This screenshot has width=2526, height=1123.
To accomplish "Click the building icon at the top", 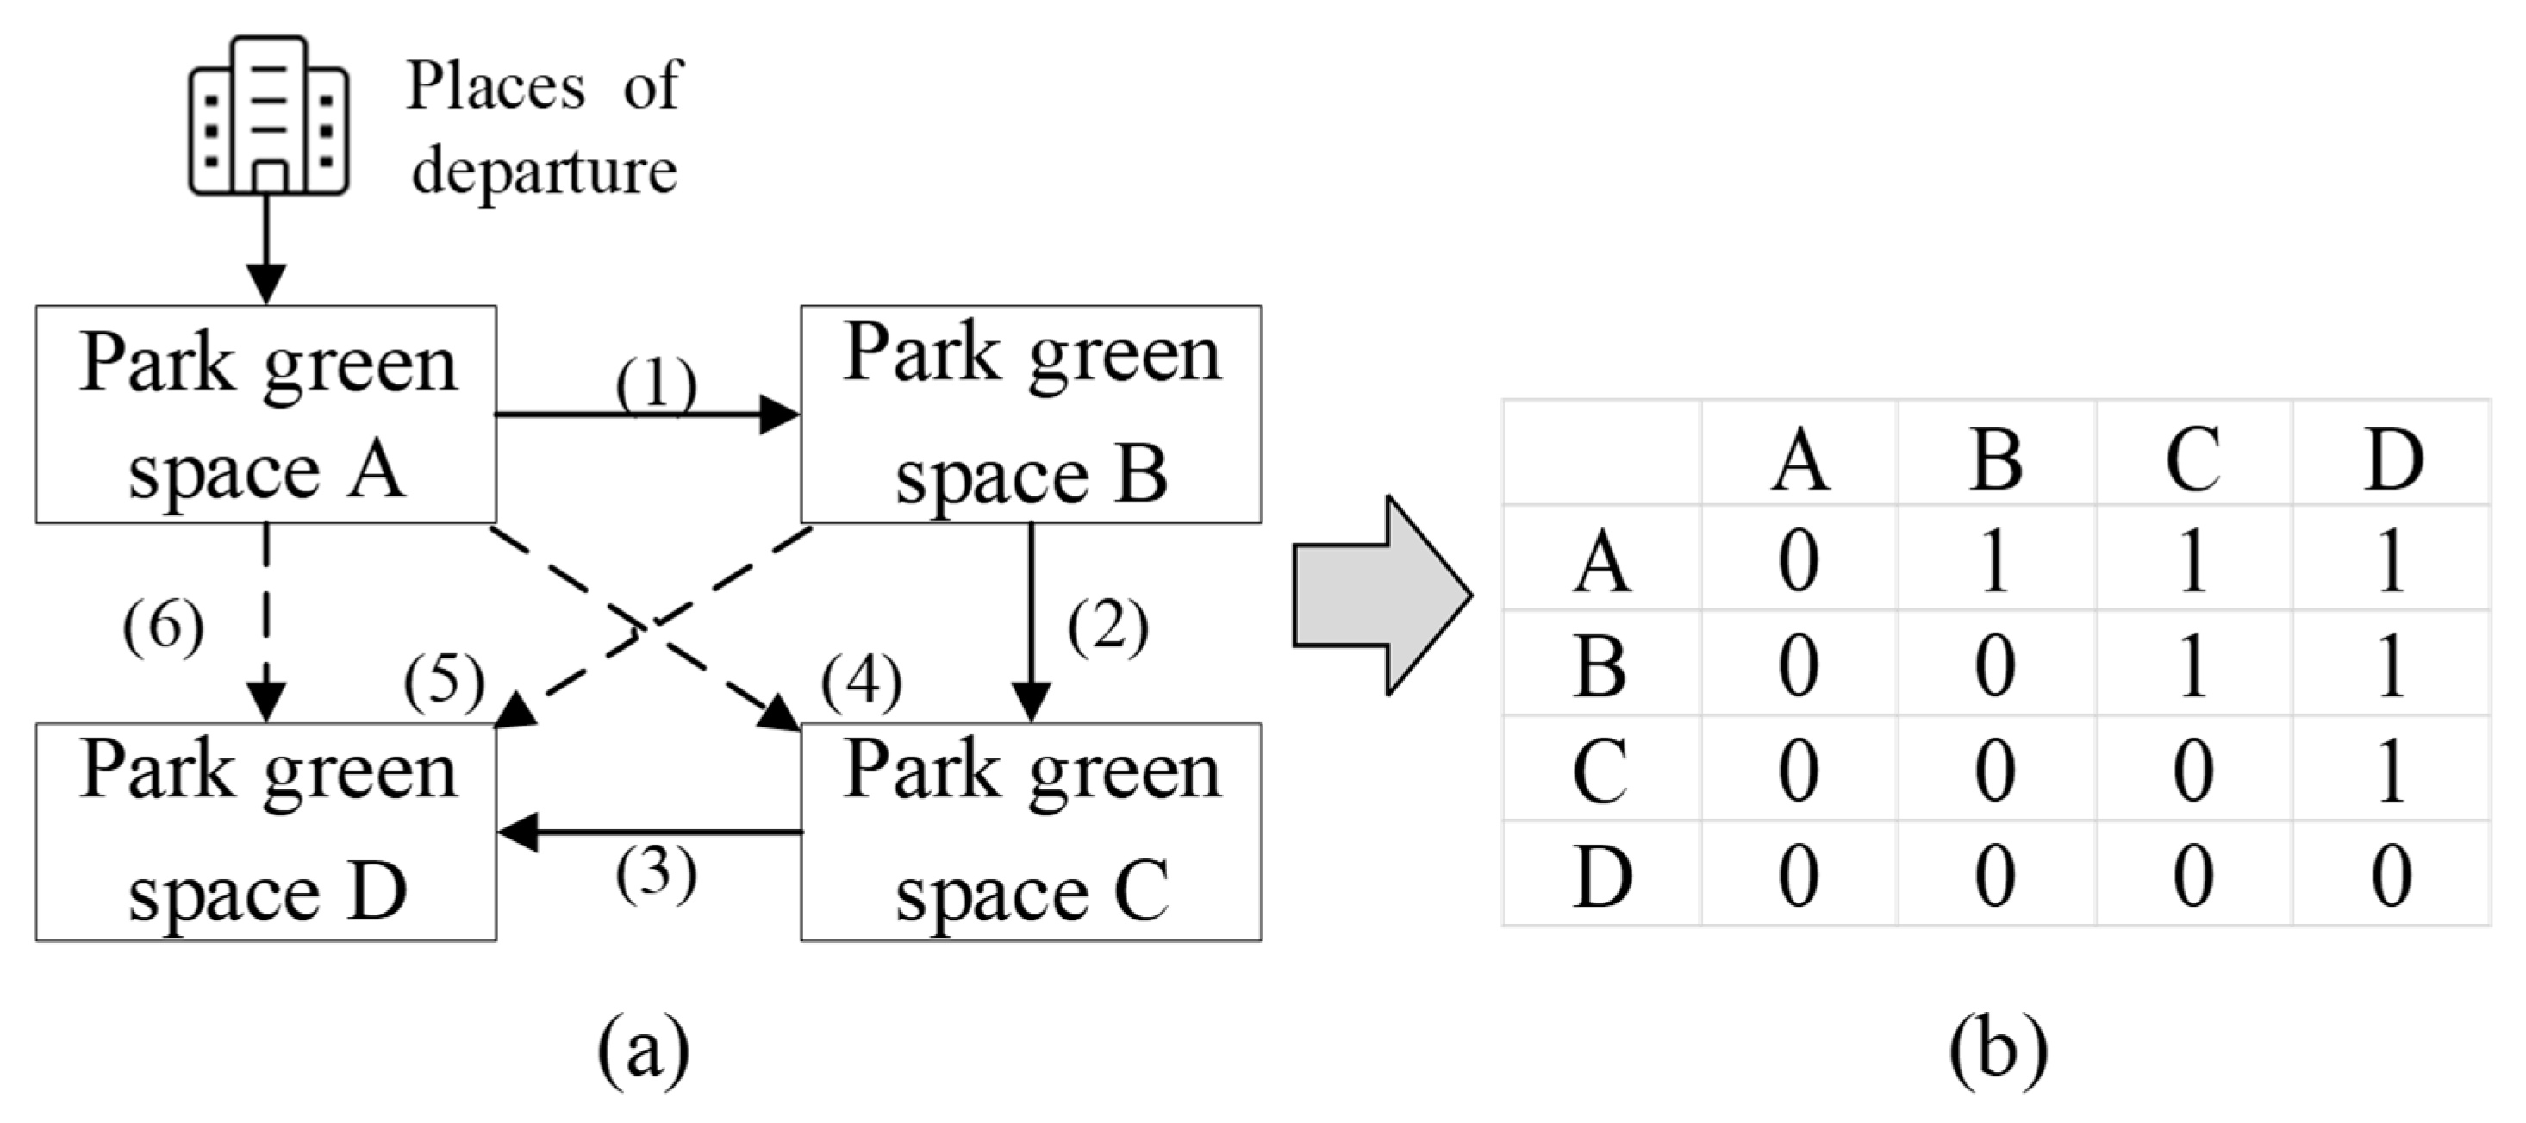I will tap(268, 115).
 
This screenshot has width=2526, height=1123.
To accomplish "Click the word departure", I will tap(544, 171).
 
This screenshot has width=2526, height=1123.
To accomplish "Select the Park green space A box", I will tap(265, 414).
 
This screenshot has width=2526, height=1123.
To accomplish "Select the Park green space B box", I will tap(1031, 414).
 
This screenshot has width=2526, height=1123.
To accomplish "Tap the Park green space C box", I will tap(1031, 832).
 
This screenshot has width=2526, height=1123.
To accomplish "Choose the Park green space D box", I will tap(265, 832).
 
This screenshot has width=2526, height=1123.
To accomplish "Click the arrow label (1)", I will tap(656, 384).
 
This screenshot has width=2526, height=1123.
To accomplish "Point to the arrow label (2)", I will tap(1107, 627).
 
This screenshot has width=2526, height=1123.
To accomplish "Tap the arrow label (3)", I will tap(656, 873).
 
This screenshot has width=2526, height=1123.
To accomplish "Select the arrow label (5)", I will tap(443, 681).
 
